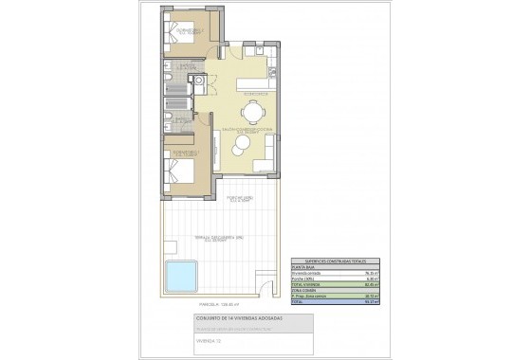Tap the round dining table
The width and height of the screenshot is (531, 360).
pyautogui.click(x=251, y=111)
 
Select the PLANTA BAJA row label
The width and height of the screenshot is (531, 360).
pyautogui.click(x=303, y=268)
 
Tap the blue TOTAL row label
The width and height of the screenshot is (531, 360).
pyautogui.click(x=298, y=300)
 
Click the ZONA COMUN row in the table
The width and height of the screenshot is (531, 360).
pyautogui.click(x=303, y=289)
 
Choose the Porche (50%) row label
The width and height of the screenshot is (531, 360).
pyautogui.click(x=303, y=279)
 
